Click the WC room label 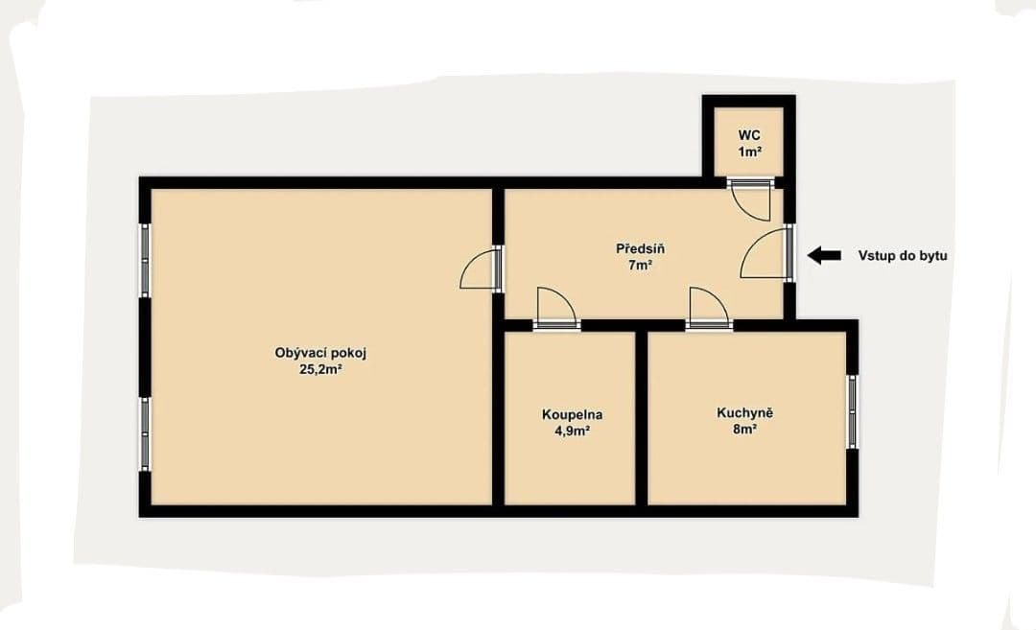point(749,135)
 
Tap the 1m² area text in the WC point(749,152)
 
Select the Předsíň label point(640,249)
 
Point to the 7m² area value point(640,266)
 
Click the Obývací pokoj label point(320,353)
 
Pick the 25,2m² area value point(320,369)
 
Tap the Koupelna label point(572,415)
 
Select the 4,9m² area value point(572,432)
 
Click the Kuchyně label point(744,413)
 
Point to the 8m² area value point(744,431)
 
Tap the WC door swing point(749,198)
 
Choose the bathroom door point(556,308)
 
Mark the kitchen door point(709,307)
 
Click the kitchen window point(852,410)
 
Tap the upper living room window point(145,260)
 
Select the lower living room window point(145,432)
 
